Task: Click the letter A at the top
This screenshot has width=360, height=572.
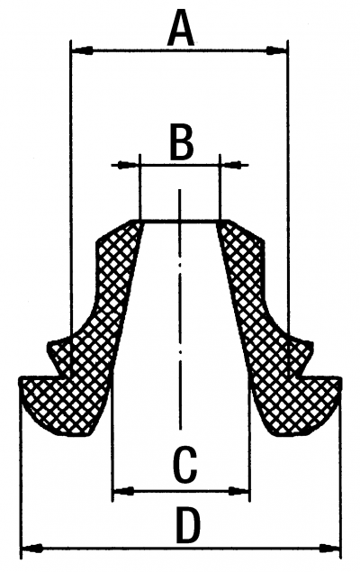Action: pyautogui.click(x=181, y=28)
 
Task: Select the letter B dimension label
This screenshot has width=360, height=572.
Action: pyautogui.click(x=181, y=142)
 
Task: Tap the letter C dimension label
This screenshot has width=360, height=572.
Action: pyautogui.click(x=185, y=465)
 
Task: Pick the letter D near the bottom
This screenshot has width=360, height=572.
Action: pyautogui.click(x=188, y=524)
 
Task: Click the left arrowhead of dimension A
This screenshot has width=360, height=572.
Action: pyautogui.click(x=82, y=50)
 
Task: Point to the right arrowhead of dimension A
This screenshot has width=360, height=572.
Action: pyautogui.click(x=276, y=50)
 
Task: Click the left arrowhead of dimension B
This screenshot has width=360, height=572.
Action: pyautogui.click(x=126, y=165)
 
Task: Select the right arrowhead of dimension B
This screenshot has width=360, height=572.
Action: pyautogui.click(x=234, y=165)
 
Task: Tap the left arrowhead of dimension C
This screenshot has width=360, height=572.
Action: pyautogui.click(x=123, y=491)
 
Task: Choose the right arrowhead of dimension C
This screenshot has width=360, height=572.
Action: pyautogui.click(x=239, y=491)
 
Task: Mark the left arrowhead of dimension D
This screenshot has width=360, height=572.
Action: pyautogui.click(x=32, y=548)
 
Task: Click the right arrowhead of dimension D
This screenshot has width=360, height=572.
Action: pyautogui.click(x=330, y=548)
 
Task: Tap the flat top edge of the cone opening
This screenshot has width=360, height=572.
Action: pyautogui.click(x=179, y=220)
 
